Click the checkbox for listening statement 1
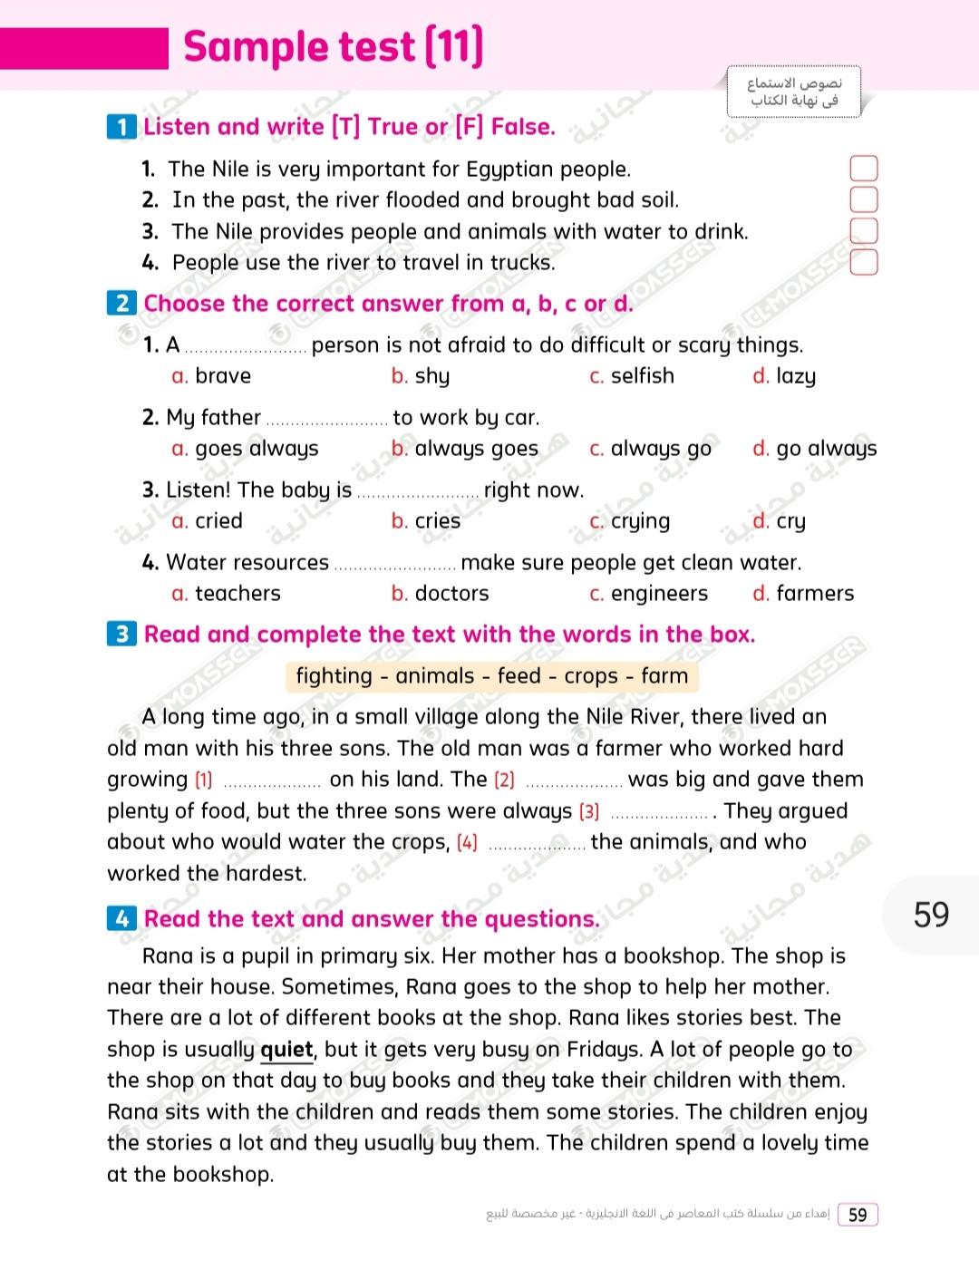click(863, 169)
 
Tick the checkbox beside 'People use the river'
click(863, 263)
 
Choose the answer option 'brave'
click(222, 376)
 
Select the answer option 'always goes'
click(476, 449)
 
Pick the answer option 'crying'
click(640, 521)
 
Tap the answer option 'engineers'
click(659, 594)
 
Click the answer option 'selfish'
click(642, 376)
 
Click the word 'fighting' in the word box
click(334, 676)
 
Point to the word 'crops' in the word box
click(590, 676)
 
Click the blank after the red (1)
click(272, 781)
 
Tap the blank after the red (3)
click(659, 813)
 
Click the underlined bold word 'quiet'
click(286, 1050)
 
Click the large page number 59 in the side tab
click(931, 915)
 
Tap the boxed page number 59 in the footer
click(858, 1215)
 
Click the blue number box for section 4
click(122, 919)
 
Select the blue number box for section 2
click(122, 304)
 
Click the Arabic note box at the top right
click(793, 92)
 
